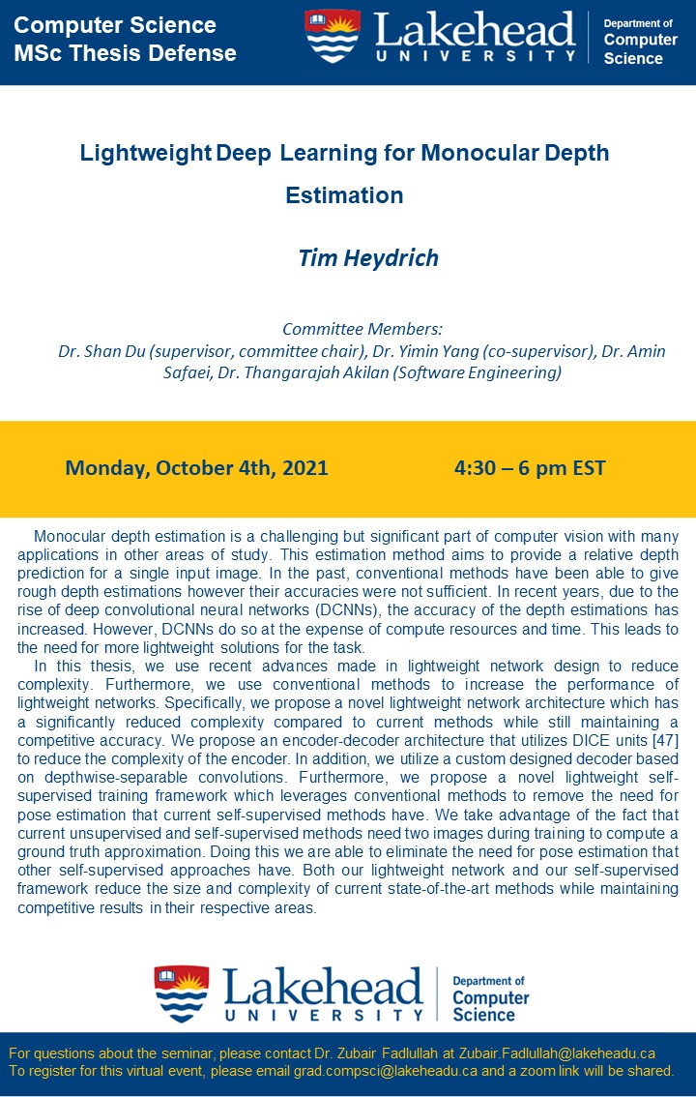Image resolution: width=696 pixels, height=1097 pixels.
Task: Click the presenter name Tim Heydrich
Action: click(x=368, y=258)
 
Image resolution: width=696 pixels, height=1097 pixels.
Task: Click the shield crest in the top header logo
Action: click(x=332, y=36)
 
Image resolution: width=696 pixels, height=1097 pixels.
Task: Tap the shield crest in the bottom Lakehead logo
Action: click(x=181, y=993)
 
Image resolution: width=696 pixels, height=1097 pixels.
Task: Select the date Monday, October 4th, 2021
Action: click(x=196, y=469)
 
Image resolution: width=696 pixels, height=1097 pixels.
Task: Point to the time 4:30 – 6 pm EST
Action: click(x=530, y=469)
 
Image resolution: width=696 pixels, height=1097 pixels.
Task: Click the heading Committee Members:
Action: click(x=362, y=330)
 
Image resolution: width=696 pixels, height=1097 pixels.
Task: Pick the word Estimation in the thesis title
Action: click(x=344, y=195)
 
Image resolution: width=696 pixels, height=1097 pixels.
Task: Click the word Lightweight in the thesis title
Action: click(x=146, y=153)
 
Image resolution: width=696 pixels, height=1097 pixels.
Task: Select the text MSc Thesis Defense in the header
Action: click(x=125, y=53)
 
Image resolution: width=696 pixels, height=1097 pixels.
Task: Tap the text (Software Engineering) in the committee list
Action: click(x=482, y=372)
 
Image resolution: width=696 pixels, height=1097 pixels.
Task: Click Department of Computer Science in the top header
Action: click(x=640, y=41)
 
